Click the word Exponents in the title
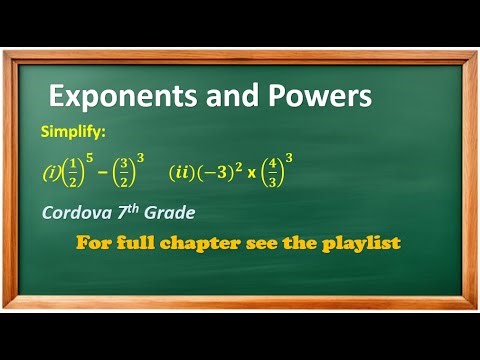click(x=113, y=97)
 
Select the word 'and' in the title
click(x=217, y=97)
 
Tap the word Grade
click(x=176, y=212)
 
